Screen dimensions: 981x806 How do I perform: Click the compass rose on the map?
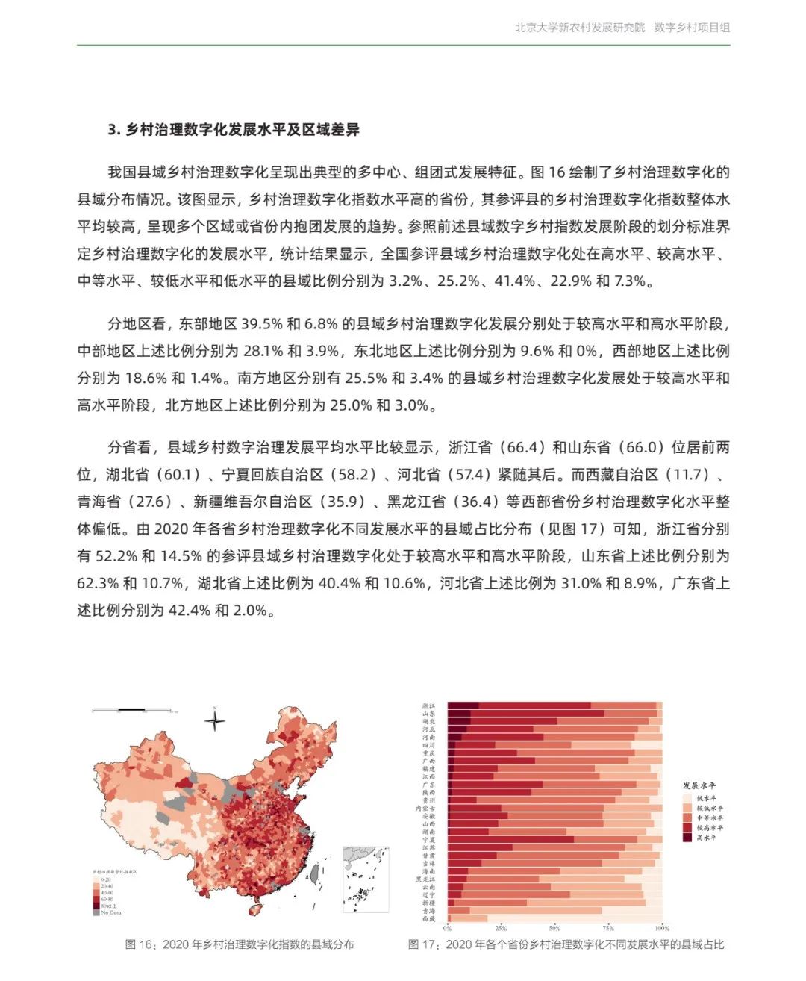[x=215, y=720]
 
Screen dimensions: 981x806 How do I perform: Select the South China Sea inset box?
[x=366, y=879]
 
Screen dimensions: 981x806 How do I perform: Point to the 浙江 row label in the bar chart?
[x=428, y=706]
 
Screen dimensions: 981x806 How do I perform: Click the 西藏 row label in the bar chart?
[x=428, y=919]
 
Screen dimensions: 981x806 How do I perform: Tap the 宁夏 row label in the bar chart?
[x=428, y=840]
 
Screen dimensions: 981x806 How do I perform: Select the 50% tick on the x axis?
[x=554, y=928]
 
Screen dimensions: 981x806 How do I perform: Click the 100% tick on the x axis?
[x=662, y=928]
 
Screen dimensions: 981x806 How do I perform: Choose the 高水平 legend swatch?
[x=687, y=838]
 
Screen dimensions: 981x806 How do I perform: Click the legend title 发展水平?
[x=699, y=785]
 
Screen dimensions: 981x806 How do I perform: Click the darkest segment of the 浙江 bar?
[x=463, y=706]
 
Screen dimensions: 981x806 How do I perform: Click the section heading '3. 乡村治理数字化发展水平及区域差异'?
[x=234, y=130]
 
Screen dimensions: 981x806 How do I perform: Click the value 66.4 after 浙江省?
[x=522, y=447]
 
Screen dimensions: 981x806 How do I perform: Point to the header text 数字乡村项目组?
[x=692, y=28]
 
